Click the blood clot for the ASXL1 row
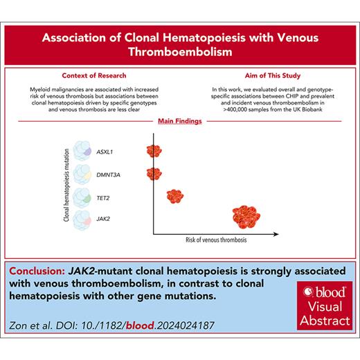(x=153, y=150)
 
